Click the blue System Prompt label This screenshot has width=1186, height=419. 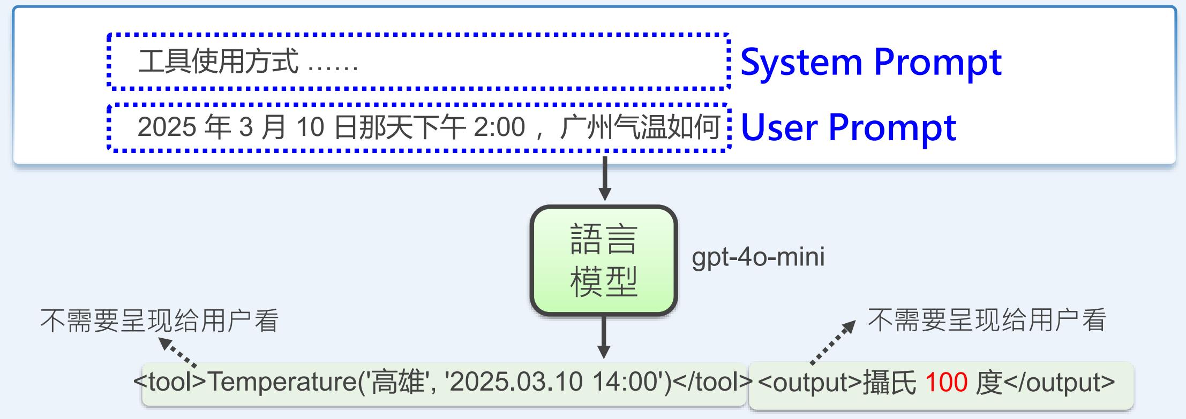(870, 63)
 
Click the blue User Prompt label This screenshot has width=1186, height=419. (848, 127)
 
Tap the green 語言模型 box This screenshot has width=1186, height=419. (604, 261)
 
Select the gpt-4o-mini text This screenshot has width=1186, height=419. (758, 257)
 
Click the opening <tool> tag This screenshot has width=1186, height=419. (170, 382)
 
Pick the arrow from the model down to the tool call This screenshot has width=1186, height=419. (604, 337)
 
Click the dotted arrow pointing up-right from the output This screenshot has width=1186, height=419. (833, 342)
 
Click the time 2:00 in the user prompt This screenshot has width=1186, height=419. (499, 127)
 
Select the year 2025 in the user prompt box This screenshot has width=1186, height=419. (167, 127)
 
